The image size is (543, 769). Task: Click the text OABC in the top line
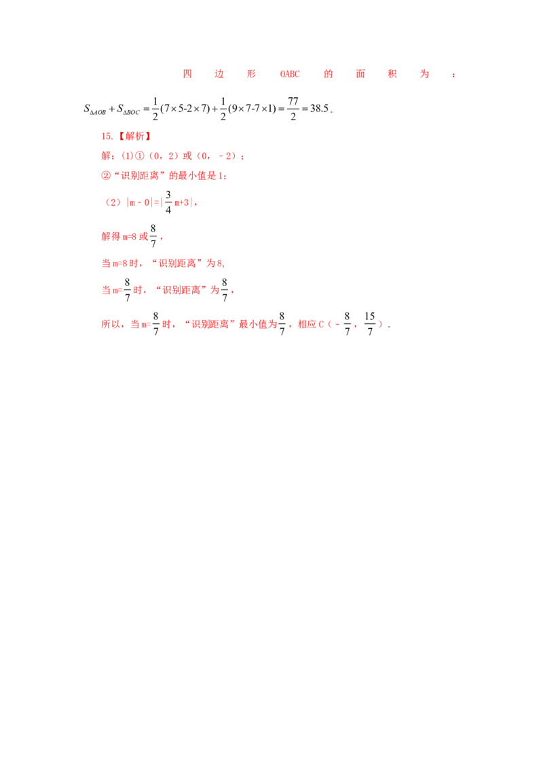[290, 74]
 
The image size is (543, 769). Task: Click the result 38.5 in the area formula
[319, 109]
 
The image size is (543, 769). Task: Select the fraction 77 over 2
[293, 109]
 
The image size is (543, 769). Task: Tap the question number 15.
[107, 137]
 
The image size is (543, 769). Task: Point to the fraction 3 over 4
[168, 202]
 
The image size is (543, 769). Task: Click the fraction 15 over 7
[370, 323]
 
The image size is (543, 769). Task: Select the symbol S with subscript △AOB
[94, 109]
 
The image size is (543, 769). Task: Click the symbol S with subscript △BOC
[128, 109]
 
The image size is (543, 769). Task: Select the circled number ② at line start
[106, 175]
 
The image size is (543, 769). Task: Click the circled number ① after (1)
[139, 156]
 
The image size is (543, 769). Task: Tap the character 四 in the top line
[187, 74]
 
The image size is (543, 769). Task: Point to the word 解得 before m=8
[111, 236]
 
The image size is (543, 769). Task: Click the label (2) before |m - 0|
[113, 202]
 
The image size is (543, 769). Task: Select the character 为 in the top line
[424, 74]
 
